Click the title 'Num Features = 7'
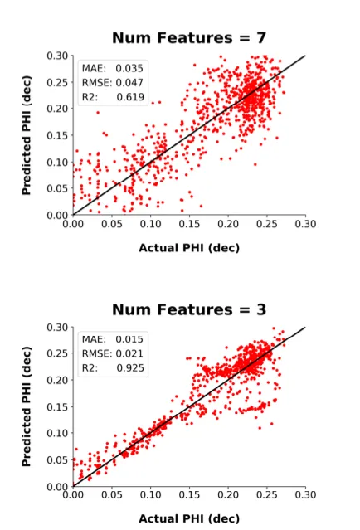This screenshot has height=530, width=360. (189, 38)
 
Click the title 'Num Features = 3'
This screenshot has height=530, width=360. (189, 309)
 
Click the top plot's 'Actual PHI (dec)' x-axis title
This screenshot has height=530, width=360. (189, 246)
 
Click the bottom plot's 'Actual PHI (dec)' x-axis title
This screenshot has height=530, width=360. (189, 518)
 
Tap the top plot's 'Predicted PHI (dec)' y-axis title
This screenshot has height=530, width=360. (27, 135)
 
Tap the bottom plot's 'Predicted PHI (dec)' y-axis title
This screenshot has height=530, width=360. (27, 406)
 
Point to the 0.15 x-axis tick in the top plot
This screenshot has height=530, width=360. (189, 225)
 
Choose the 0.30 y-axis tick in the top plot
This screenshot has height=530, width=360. (56, 56)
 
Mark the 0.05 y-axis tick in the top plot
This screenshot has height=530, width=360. (56, 188)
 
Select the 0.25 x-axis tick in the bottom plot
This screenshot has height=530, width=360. (267, 496)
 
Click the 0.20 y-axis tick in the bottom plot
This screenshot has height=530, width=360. (56, 380)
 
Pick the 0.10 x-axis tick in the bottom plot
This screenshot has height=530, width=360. (150, 496)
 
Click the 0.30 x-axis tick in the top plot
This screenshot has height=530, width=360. (306, 225)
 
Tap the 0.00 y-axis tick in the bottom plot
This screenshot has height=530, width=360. (56, 486)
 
